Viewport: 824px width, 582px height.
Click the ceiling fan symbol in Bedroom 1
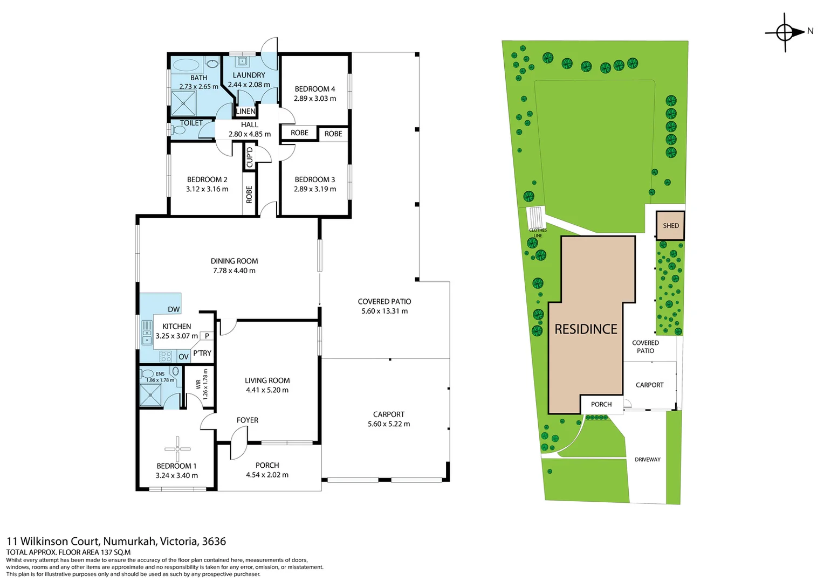click(177, 449)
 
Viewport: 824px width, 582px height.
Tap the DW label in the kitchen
click(174, 309)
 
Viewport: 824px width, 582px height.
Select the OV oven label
click(183, 357)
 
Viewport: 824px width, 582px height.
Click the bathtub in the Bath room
click(187, 65)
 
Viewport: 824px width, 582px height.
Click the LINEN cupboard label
click(245, 111)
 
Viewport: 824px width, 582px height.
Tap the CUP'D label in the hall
click(249, 157)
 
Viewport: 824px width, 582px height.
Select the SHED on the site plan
click(671, 225)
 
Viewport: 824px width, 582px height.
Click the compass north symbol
click(785, 32)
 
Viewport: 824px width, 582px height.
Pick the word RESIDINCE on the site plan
click(586, 329)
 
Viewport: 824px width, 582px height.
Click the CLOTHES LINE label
click(538, 233)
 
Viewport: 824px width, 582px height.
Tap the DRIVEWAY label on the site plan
click(648, 460)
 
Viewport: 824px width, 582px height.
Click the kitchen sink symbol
click(147, 332)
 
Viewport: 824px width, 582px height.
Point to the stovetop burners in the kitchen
click(166, 356)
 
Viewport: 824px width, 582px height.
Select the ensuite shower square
click(151, 395)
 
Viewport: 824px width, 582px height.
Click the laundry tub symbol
click(242, 61)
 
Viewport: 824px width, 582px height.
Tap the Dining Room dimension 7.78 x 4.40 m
click(234, 271)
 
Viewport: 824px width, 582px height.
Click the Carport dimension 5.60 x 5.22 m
click(389, 424)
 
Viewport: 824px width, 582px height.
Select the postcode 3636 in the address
click(214, 541)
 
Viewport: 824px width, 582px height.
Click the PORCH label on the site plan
click(601, 404)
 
